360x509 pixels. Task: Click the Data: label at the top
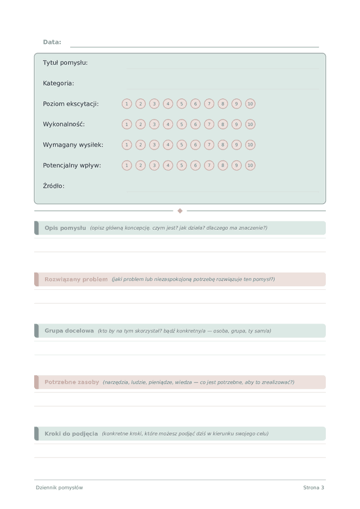[x=52, y=42]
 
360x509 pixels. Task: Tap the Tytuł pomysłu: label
[x=65, y=63]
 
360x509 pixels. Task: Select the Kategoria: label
[x=59, y=83]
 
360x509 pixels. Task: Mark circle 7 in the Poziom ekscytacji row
[x=209, y=104]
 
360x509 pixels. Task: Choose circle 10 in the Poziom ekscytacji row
[x=250, y=104]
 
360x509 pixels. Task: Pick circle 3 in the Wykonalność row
[x=154, y=124]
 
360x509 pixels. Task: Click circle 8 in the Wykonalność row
[x=223, y=124]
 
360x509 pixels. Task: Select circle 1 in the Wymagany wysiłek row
[x=127, y=145]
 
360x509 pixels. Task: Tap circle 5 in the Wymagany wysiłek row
[x=182, y=145]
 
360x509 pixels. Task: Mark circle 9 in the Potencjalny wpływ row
[x=236, y=165]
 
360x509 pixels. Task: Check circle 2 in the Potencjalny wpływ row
[x=140, y=165]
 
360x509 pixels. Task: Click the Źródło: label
[x=54, y=186]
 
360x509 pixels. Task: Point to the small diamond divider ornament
[x=180, y=211]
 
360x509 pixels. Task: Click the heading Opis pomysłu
[x=65, y=228]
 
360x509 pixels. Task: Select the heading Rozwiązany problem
[x=76, y=279]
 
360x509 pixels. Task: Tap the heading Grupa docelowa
[x=69, y=331]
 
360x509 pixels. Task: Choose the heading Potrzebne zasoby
[x=72, y=382]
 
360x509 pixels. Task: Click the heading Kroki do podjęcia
[x=71, y=433]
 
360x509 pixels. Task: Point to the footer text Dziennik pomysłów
[x=59, y=487]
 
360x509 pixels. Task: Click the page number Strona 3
[x=313, y=487]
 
